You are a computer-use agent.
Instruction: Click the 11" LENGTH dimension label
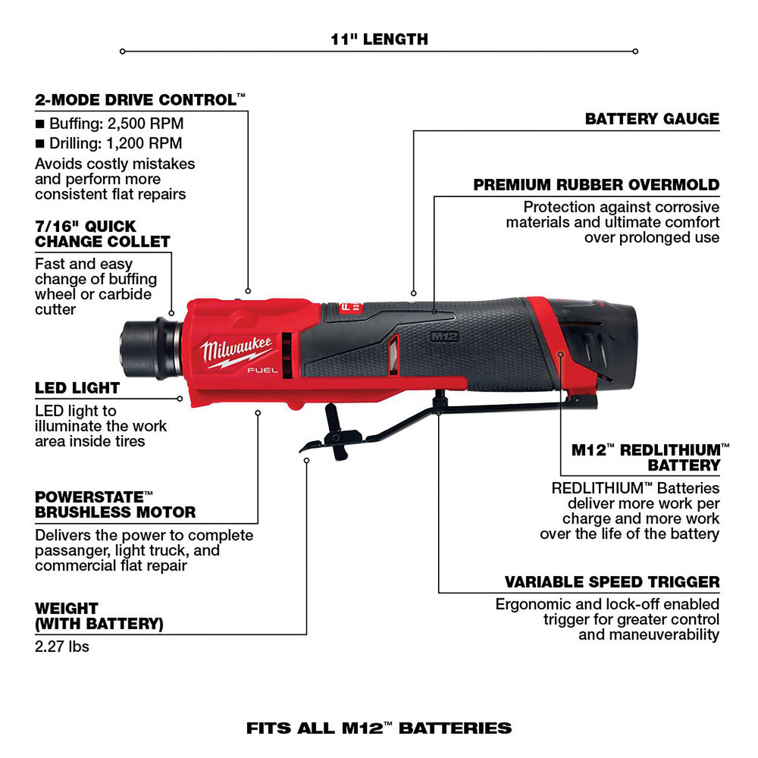[x=379, y=39]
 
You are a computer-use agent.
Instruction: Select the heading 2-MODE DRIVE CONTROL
[x=140, y=99]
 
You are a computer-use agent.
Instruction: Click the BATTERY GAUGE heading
[x=652, y=119]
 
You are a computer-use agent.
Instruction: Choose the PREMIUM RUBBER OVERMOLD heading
[x=596, y=185]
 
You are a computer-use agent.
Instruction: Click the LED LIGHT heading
[x=77, y=388]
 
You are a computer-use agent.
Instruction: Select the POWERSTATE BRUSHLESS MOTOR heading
[x=115, y=504]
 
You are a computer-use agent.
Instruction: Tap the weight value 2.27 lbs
[x=62, y=647]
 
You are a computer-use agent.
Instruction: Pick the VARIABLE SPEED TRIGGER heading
[x=612, y=582]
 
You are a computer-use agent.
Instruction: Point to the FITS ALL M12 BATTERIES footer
[x=379, y=728]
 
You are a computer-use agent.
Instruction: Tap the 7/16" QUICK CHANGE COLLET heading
[x=102, y=233]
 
